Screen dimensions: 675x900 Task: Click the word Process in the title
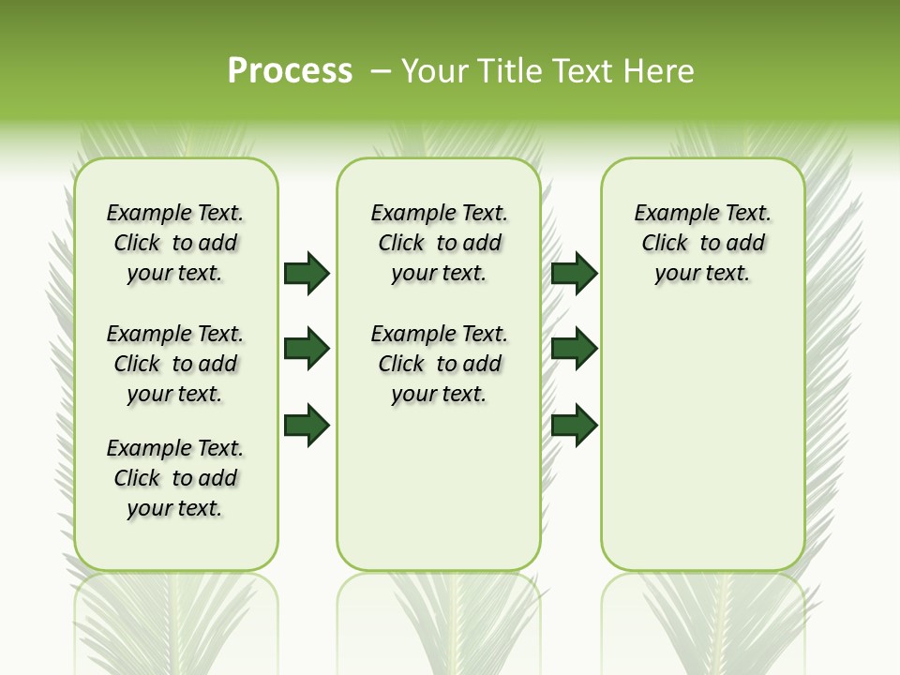[290, 71]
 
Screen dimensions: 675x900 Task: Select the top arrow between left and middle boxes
[307, 273]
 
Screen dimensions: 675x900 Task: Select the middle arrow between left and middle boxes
[307, 349]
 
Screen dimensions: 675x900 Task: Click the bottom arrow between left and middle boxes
[307, 425]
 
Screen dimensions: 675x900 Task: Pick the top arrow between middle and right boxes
[574, 273]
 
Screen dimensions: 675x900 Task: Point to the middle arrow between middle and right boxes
[574, 349]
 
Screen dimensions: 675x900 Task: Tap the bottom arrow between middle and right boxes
[574, 425]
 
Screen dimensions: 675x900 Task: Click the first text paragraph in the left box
[175, 243]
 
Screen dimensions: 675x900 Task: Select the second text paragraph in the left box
[175, 364]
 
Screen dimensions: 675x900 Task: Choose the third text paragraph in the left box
[175, 478]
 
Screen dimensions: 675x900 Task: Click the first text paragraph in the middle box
[439, 243]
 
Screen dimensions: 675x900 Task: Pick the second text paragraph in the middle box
[439, 364]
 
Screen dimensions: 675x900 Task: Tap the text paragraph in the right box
[702, 243]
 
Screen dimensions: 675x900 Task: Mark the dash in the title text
[381, 71]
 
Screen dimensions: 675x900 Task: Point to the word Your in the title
[432, 71]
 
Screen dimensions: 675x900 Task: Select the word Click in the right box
[665, 244]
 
